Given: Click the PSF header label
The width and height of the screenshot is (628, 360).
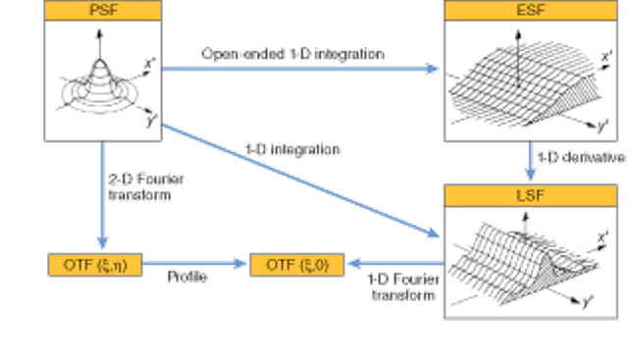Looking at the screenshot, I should tap(102, 11).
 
